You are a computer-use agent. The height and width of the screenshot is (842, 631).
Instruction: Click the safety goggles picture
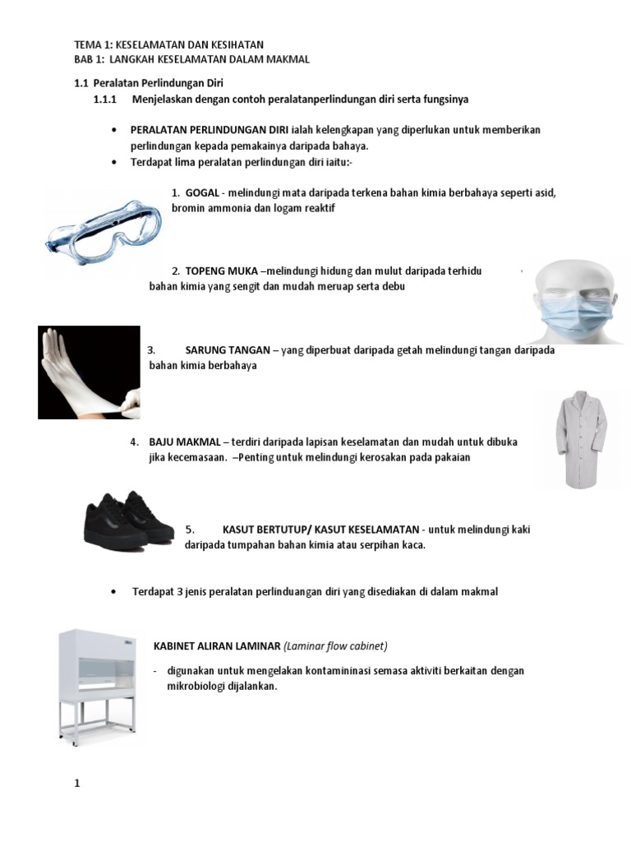[x=103, y=224]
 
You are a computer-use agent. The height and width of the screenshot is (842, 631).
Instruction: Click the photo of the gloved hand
[x=89, y=372]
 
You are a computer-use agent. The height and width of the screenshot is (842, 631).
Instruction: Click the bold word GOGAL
[x=202, y=193]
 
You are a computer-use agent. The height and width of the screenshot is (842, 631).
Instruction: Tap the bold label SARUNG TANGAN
[x=228, y=349]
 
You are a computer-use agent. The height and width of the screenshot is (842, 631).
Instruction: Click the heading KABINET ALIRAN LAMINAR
[x=217, y=645]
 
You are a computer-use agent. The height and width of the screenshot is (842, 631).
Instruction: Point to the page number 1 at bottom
[x=77, y=784]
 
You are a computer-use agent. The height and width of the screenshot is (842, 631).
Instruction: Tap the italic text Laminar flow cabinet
[x=336, y=645]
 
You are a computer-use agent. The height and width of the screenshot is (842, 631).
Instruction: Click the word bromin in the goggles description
[x=187, y=209]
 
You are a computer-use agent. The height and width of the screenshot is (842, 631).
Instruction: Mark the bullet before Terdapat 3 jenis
[x=114, y=592]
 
